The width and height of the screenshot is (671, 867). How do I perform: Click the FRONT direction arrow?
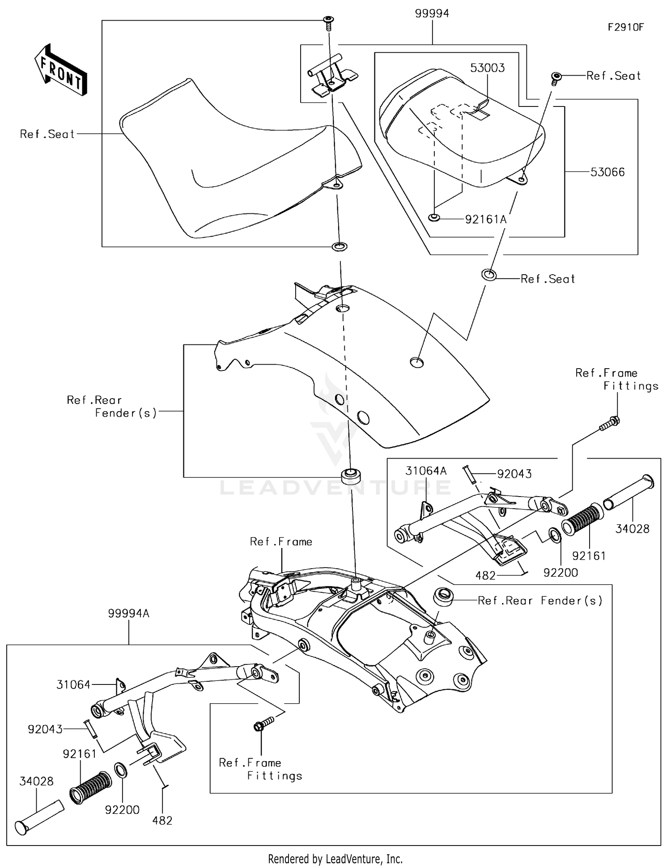click(61, 69)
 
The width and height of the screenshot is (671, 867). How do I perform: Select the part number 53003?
click(487, 68)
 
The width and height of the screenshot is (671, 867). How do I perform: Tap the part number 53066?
click(607, 172)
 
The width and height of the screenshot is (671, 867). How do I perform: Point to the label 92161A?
click(486, 219)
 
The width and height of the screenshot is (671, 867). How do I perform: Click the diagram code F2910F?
click(625, 27)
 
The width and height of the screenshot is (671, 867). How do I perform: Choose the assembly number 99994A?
click(128, 613)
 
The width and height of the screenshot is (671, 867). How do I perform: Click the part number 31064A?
click(426, 471)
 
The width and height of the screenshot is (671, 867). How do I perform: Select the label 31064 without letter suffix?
click(73, 684)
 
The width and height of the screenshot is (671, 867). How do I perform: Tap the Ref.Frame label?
click(281, 542)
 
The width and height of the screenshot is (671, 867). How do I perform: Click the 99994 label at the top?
click(432, 13)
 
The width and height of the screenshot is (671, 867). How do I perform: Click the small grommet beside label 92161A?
click(433, 218)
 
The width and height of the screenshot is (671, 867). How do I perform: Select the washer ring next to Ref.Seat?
click(488, 274)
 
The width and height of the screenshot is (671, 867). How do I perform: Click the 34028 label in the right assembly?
click(632, 529)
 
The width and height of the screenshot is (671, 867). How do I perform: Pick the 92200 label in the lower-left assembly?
click(122, 810)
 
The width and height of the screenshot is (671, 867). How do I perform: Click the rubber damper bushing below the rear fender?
click(350, 475)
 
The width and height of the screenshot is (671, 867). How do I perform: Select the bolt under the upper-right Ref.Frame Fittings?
click(609, 424)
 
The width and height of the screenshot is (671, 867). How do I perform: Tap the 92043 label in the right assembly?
click(514, 474)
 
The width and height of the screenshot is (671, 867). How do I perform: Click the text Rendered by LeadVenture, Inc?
click(335, 859)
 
